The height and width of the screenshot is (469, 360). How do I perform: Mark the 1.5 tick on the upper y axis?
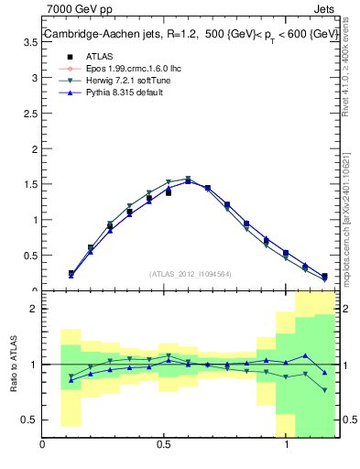point(30,183)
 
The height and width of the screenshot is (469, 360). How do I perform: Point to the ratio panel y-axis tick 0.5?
point(28,420)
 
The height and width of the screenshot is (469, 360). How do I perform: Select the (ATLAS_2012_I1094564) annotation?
point(191,273)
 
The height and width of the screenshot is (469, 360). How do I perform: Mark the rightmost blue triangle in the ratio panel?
point(324,372)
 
